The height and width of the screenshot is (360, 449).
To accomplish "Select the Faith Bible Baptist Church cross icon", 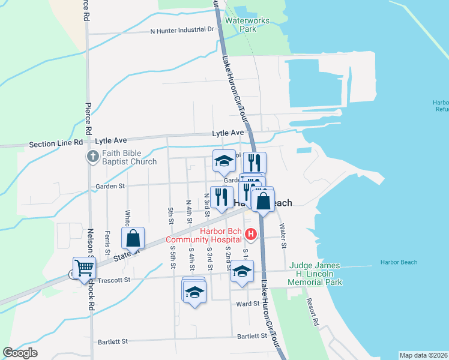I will (93, 157).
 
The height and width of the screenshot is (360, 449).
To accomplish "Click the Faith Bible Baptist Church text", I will (129, 157).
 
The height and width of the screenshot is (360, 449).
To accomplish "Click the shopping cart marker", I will (84, 268).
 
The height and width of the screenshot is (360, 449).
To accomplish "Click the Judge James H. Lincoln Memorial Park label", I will (315, 274).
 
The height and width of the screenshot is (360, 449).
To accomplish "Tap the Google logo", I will (20, 353).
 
